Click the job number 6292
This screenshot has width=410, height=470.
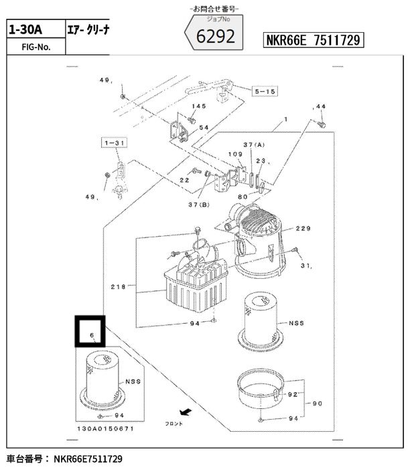(x=216, y=36)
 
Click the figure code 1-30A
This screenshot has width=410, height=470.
(x=25, y=30)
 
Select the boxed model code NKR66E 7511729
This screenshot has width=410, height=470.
(x=314, y=40)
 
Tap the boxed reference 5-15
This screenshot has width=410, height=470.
(x=265, y=91)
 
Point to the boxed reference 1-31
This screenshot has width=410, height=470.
(x=114, y=143)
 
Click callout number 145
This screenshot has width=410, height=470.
(x=199, y=106)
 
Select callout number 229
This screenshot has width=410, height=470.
(x=303, y=229)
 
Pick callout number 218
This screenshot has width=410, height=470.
(x=119, y=287)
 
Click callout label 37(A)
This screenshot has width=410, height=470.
(x=254, y=145)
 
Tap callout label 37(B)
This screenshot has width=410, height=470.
(x=199, y=204)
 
